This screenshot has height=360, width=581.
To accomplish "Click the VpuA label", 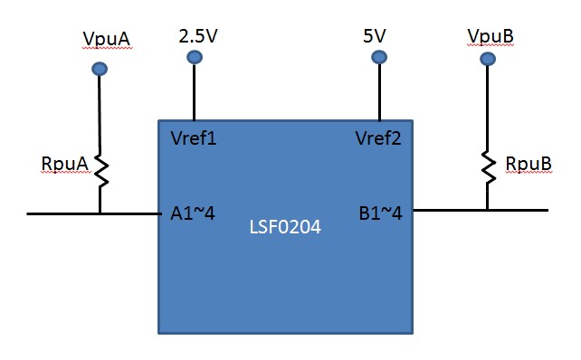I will tap(105, 40).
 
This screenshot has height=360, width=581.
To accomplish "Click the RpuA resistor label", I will tap(64, 163).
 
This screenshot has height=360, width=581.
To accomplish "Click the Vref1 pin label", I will tap(194, 139).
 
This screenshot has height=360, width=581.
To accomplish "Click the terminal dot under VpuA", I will tap(100, 69).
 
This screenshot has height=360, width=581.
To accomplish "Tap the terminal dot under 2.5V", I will tap(194, 58).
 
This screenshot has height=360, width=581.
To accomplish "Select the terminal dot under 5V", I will tap(379, 58).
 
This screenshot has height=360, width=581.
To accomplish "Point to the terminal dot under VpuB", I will tap(488, 59).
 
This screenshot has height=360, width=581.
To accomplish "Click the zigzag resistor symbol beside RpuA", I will tap(100, 169).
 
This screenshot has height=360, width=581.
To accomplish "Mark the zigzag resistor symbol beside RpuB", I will tap(488, 166).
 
